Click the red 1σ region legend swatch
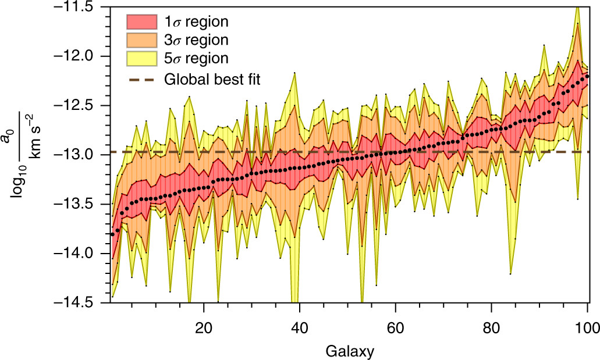(142, 22)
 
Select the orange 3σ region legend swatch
(142, 40)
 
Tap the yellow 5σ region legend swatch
(142, 58)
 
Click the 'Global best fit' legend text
(212, 78)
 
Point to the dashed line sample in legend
(142, 78)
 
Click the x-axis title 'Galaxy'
(350, 351)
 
